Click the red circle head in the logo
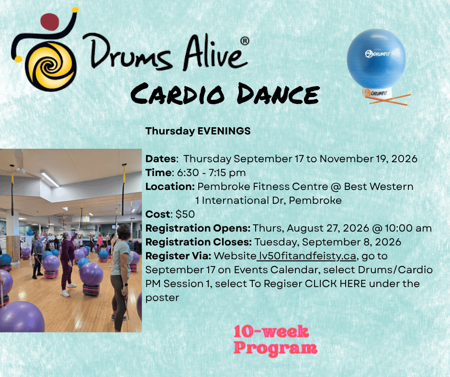tap(50, 22)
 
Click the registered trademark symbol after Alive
tap(245, 41)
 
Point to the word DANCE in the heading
tap(278, 94)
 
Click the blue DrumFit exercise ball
tap(376, 58)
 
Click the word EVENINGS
tap(224, 131)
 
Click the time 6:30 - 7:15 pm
tap(211, 173)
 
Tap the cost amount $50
tap(185, 214)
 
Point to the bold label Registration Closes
tap(199, 242)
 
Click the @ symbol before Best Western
tap(336, 187)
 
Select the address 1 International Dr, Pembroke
tap(269, 200)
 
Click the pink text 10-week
tap(271, 332)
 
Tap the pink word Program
tap(276, 348)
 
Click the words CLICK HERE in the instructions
tap(335, 284)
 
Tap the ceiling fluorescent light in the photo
tap(50, 179)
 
